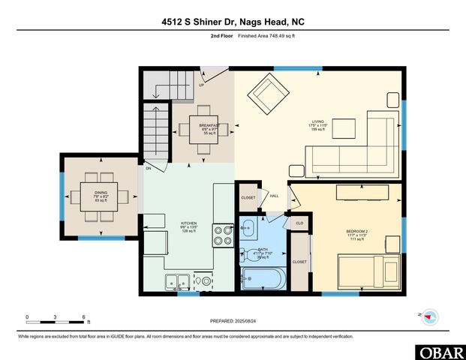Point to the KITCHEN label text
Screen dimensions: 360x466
188,223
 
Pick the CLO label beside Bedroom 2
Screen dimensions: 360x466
299,223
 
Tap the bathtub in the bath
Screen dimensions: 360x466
262,280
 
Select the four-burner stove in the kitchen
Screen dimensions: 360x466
224,236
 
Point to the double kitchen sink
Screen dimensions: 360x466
178,283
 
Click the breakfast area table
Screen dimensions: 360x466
203,128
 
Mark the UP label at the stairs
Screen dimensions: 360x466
201,85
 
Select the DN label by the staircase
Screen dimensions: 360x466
149,169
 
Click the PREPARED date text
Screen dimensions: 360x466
233,321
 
